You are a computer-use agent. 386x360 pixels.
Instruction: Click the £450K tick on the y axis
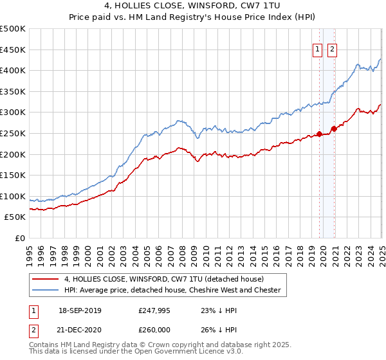(13, 50)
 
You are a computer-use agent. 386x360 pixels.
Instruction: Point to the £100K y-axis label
(13, 196)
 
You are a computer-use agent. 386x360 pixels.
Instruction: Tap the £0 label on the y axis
(20, 238)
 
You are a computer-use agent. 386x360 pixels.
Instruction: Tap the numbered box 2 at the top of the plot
(332, 50)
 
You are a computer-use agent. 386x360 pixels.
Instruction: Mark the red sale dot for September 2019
(319, 134)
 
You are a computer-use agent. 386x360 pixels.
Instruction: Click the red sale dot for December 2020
(334, 129)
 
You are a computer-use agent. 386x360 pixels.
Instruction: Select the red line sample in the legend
(45, 279)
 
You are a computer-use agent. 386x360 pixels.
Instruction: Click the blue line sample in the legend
(45, 290)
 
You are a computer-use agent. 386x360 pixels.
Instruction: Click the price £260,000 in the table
(154, 329)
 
